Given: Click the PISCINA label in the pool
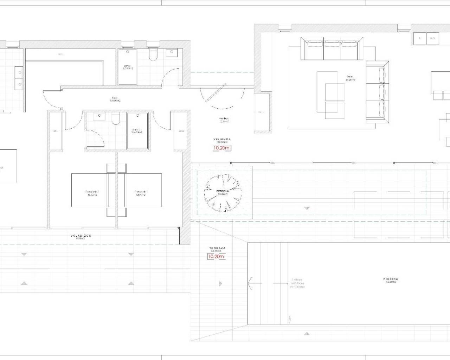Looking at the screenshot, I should point(391,279).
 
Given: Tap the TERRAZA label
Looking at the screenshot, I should point(217,248).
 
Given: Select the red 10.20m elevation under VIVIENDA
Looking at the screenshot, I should point(221,148).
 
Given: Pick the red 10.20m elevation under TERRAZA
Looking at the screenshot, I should point(216,256).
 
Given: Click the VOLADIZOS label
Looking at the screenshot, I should point(81,236).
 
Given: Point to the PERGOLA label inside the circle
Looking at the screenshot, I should point(223,191).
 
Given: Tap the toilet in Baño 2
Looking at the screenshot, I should point(115,120).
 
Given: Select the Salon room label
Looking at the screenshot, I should point(350,77).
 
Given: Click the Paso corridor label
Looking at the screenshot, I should point(115,98).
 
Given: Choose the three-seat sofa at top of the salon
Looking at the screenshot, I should point(332,49).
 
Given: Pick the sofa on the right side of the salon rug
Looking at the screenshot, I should point(378,92).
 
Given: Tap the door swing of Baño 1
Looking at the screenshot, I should point(169,77).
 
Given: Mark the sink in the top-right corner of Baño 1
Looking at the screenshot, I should point(173,53).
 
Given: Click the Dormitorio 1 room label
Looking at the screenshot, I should point(141,192).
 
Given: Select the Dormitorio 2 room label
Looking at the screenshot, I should point(92,192).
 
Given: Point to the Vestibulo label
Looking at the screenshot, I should point(224,119).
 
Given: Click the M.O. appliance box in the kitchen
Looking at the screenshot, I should point(432,38).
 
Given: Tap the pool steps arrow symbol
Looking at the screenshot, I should point(251,283).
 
